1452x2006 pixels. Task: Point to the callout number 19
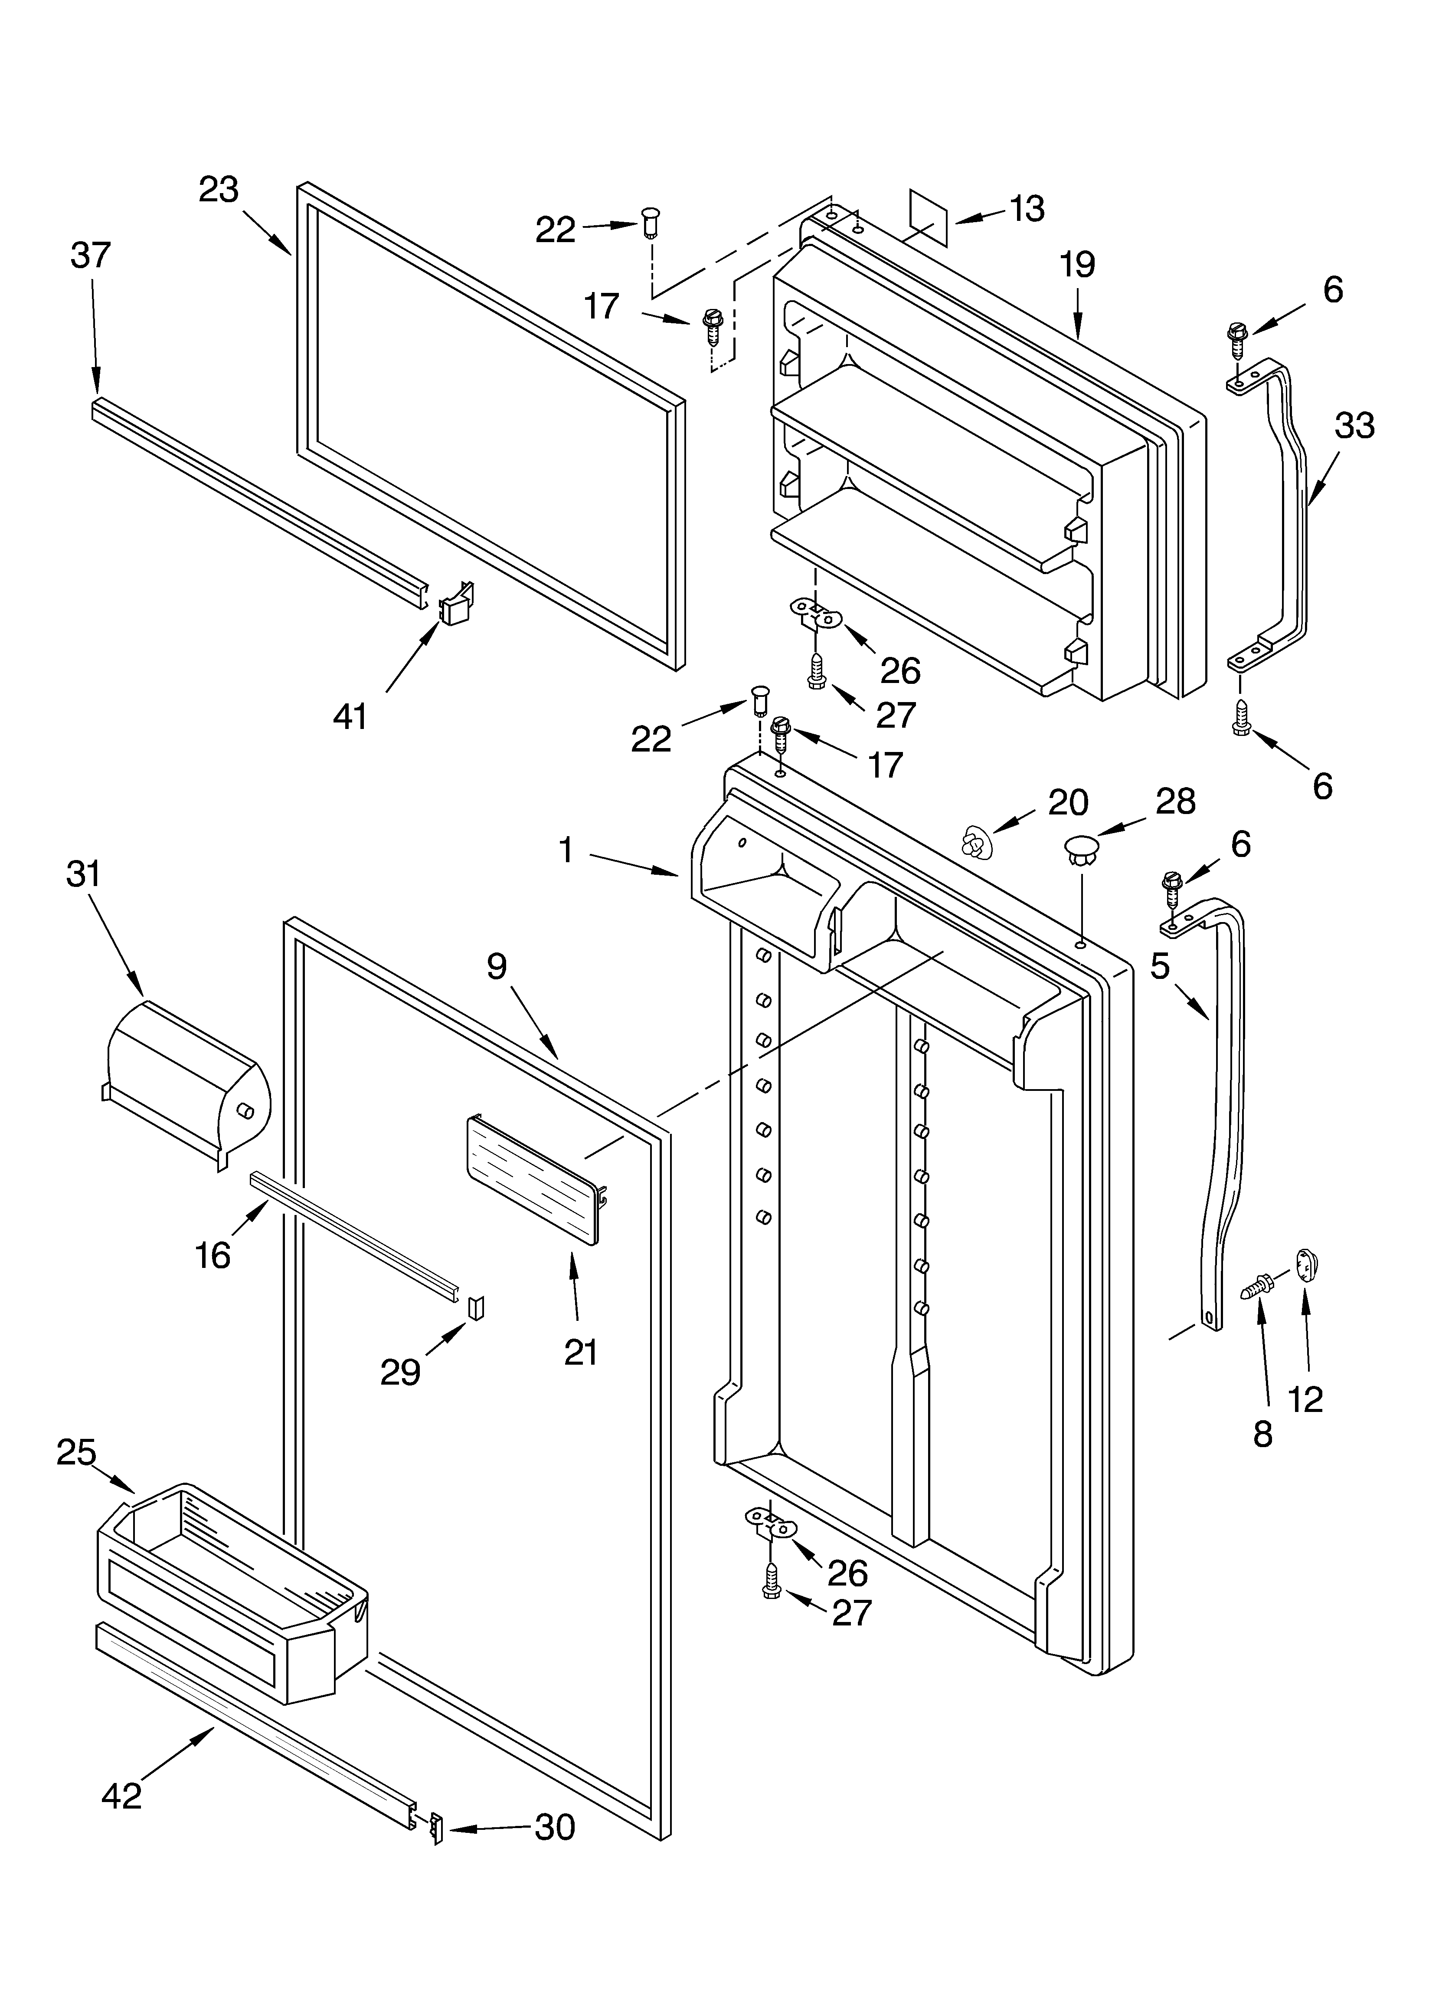(1077, 264)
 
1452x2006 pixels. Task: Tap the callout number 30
(554, 1827)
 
